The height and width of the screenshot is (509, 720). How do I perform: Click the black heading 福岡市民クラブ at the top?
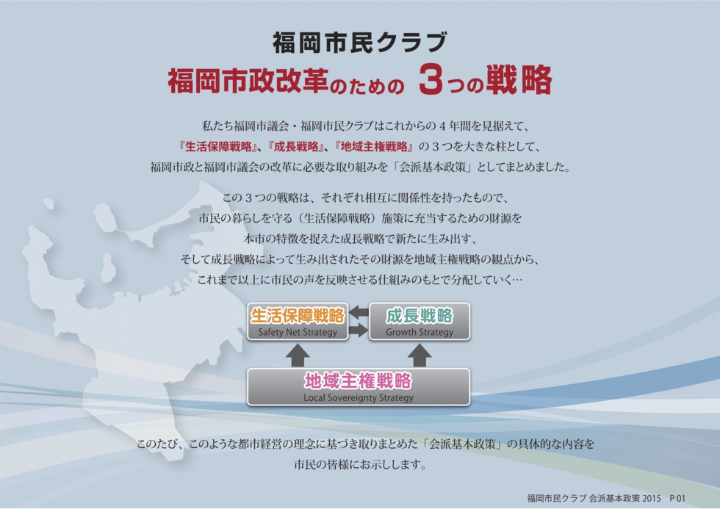pos(359,42)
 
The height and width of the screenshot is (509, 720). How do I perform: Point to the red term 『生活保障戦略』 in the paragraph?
pos(217,147)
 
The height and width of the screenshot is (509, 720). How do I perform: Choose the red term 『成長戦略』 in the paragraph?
pos(295,147)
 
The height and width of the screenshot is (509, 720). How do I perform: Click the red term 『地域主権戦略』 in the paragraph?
pos(374,147)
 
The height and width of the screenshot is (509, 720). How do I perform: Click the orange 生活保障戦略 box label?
pos(298,315)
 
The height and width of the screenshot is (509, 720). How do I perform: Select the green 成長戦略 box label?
pos(420,315)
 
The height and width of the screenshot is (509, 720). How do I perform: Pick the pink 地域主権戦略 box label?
pos(359,380)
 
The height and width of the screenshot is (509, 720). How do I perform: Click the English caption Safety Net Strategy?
pos(298,332)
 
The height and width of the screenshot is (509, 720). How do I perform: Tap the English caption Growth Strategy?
pos(420,332)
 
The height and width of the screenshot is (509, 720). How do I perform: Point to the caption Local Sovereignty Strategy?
pos(359,397)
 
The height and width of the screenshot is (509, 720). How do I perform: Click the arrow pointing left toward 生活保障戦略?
pos(359,313)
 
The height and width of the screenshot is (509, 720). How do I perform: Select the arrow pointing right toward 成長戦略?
pos(359,330)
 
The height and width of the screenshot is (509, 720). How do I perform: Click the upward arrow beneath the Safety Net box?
pos(298,355)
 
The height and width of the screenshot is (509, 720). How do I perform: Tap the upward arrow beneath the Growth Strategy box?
pos(420,355)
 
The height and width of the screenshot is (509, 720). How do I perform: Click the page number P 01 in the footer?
pos(677,498)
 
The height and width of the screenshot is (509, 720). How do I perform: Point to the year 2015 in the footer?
pos(652,498)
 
